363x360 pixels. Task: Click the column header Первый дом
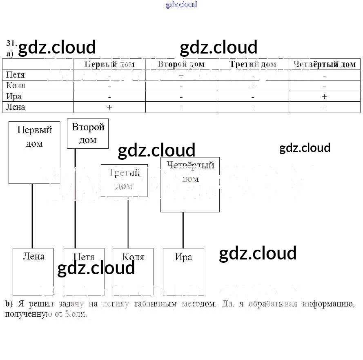pos(109,64)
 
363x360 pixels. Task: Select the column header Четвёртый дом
pos(325,64)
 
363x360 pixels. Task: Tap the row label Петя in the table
pos(16,75)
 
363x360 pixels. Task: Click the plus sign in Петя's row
pos(181,75)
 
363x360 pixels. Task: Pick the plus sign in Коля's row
pos(253,86)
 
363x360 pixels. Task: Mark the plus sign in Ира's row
pos(324,96)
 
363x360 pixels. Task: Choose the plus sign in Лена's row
pos(109,107)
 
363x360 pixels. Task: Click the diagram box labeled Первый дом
pos(34,152)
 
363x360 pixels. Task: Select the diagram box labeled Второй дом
pos(88,134)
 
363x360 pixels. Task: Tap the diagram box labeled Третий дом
pos(124,180)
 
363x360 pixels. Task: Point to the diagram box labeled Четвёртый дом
pos(190,184)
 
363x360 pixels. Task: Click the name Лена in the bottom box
pos(33,257)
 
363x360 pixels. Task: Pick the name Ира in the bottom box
pos(183,257)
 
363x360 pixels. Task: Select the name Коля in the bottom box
pos(134,257)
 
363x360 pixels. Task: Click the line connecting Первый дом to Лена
pos(32,216)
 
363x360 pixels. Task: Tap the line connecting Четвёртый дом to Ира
pos(183,230)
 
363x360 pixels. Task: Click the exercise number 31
pos(11,43)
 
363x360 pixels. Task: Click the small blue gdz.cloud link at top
pos(181,4)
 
